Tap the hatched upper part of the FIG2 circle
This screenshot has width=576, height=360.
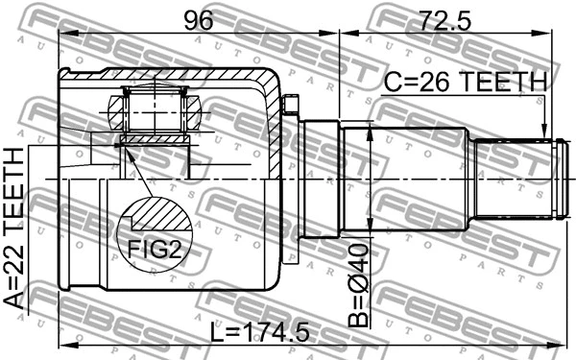(154, 213)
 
